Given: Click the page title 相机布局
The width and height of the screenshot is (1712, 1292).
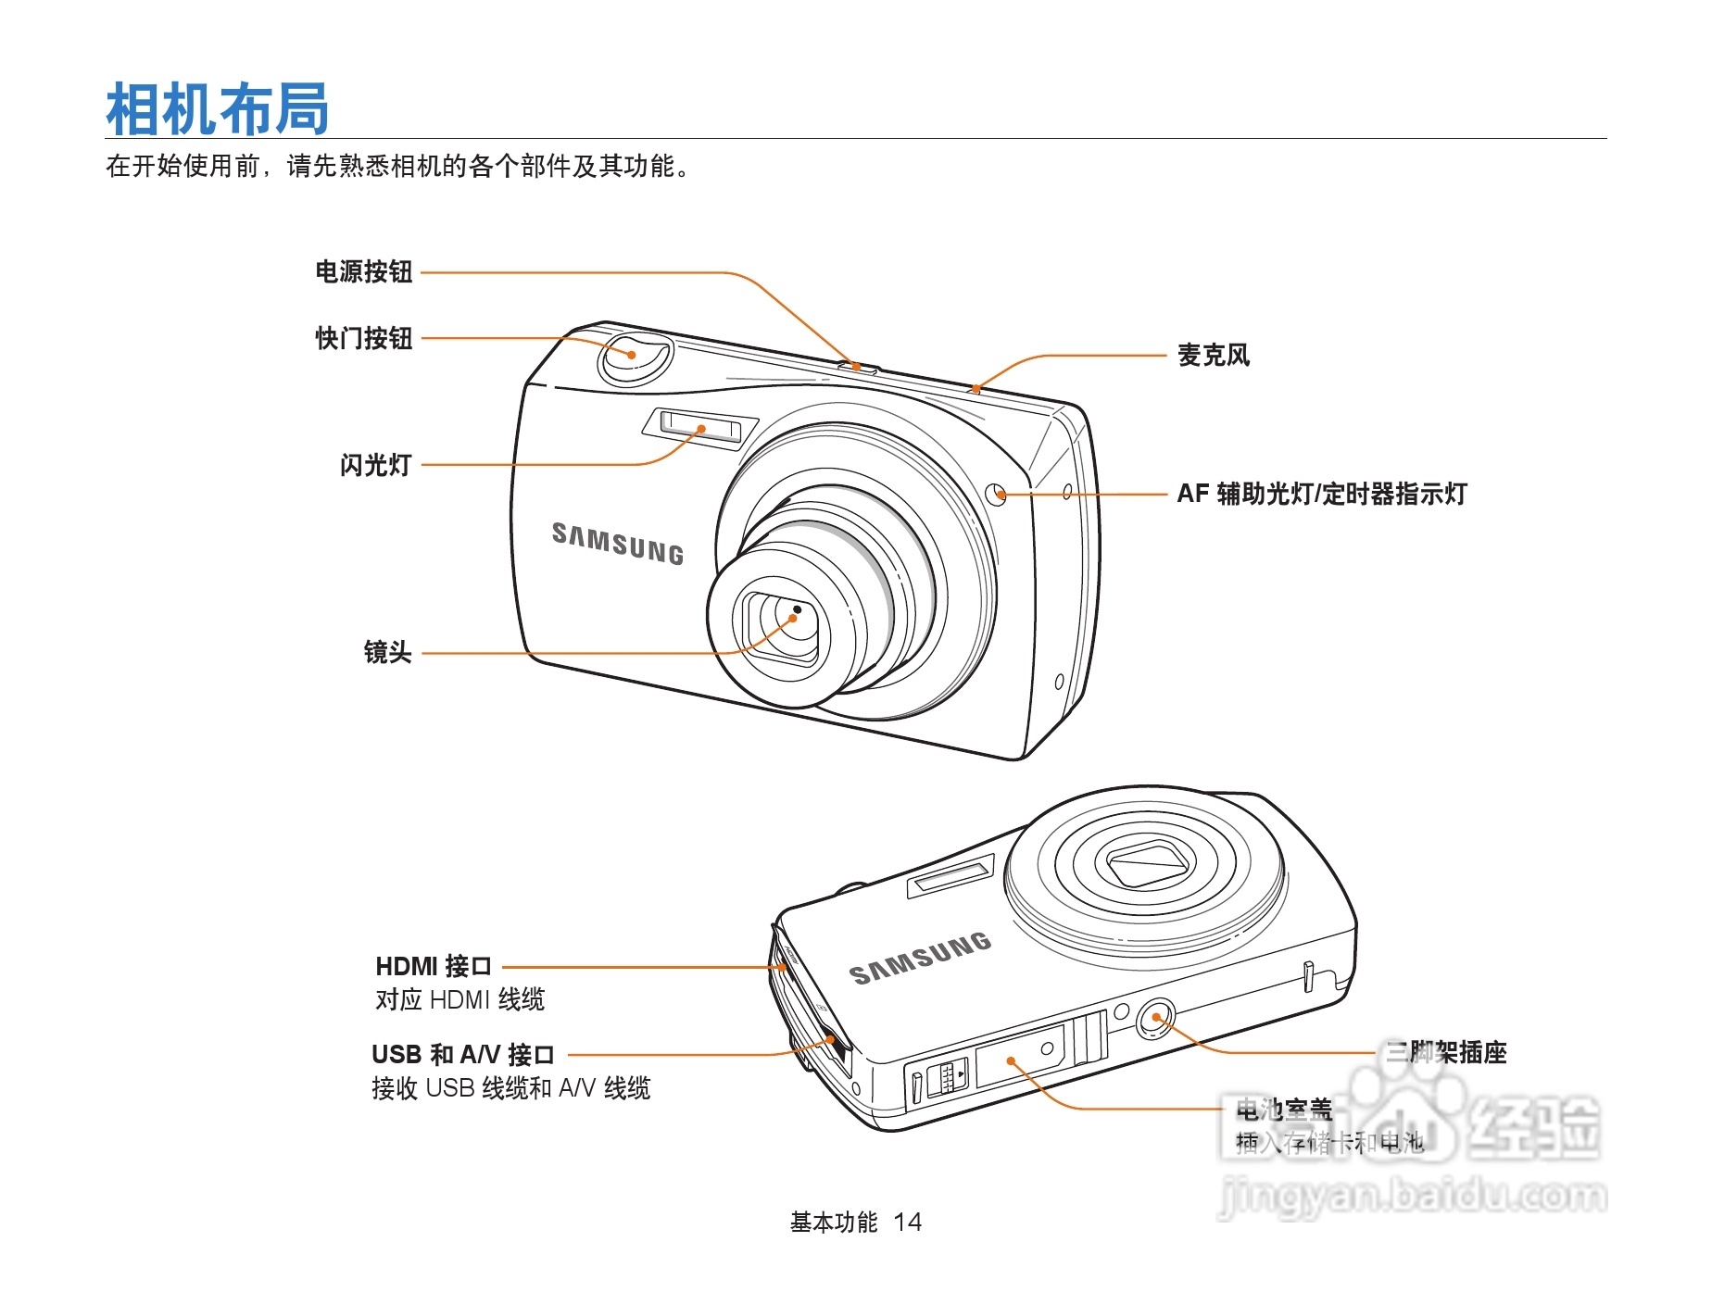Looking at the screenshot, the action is click(x=218, y=109).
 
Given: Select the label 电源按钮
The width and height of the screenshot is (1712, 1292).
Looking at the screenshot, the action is click(x=363, y=272).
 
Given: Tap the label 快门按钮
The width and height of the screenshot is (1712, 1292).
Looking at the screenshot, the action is click(x=363, y=339).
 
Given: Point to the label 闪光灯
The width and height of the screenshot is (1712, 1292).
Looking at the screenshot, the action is click(x=375, y=465).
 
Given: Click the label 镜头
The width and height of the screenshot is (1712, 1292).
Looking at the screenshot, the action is click(x=387, y=653).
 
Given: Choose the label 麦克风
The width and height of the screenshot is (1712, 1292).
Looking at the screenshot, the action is click(x=1213, y=356).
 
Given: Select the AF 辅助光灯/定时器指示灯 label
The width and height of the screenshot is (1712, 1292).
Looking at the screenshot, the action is click(x=1321, y=495).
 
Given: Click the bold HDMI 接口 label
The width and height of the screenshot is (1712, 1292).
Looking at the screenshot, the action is click(x=433, y=967).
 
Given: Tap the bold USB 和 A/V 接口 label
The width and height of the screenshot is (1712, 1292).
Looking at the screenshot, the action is click(x=462, y=1055).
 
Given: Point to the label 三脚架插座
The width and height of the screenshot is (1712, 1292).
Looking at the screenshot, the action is click(x=1445, y=1053).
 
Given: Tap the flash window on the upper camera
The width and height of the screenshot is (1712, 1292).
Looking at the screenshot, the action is click(x=700, y=427).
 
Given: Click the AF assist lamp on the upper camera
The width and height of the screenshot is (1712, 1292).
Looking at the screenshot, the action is click(x=998, y=494).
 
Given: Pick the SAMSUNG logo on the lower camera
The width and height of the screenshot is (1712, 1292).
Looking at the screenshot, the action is click(x=919, y=959).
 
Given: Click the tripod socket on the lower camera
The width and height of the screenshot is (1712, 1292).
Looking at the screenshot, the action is click(x=1155, y=1018).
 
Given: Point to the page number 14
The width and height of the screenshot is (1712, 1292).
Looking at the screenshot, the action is click(x=907, y=1223).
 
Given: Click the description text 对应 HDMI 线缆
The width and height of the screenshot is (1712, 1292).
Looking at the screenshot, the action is click(x=459, y=1000).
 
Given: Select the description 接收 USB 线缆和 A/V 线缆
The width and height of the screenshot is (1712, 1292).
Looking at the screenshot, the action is click(x=510, y=1088).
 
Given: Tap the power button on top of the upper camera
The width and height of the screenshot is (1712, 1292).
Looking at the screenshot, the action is click(x=859, y=368).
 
